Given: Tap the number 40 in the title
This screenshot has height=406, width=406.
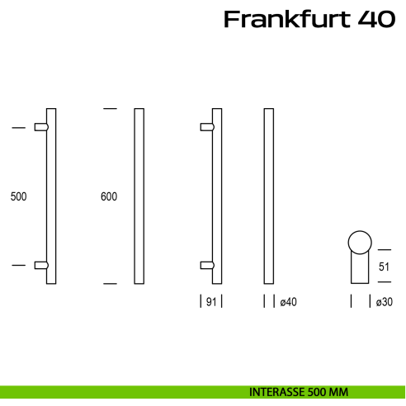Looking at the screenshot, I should pos(376,20).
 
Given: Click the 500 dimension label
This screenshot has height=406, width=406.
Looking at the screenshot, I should pos(19,196).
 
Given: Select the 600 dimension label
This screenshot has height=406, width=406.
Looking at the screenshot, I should pos(108,196).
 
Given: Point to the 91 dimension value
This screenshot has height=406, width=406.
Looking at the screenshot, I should pos(210,303).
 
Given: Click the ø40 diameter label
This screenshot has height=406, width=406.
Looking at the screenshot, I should pos(288,303).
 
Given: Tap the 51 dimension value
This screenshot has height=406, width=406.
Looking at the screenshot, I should pos(385,266).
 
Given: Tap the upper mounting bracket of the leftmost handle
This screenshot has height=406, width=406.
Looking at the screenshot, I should pos(41,127).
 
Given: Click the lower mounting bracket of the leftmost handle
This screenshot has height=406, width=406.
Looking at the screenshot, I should pos(41,265).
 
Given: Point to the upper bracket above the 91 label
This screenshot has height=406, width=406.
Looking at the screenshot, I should pos(208,127).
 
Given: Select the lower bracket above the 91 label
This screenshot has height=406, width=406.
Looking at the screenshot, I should pos(208,265).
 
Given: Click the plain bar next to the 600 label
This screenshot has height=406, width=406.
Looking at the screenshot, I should pos(139,196).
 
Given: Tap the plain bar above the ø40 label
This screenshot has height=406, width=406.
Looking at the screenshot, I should pos(268,196).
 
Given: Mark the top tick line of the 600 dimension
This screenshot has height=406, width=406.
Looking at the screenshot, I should pos(110,108).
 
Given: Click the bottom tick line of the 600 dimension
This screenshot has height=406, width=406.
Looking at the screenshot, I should pos(110,284).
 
